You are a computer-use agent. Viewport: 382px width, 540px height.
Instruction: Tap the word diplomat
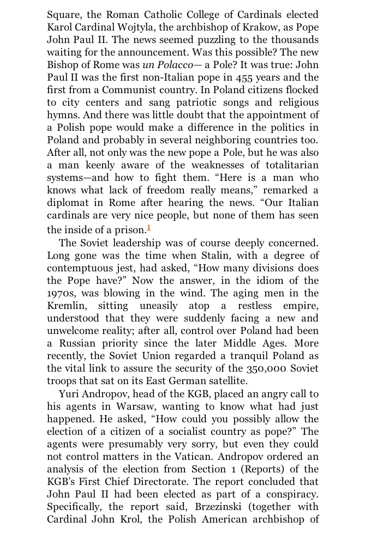pyautogui.click(x=69, y=203)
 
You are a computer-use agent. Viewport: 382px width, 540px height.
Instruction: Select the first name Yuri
pyautogui.click(x=69, y=394)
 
